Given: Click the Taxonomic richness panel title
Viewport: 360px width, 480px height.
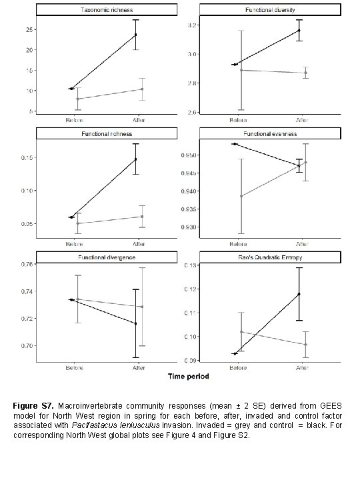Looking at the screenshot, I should click(106, 10).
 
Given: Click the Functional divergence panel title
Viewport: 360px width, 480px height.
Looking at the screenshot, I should click(106, 257).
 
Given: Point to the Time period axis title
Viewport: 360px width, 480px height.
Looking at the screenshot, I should click(188, 377).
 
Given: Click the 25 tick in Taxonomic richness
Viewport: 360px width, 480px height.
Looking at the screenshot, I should click(29, 29).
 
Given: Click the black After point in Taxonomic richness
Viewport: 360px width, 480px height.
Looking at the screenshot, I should click(136, 35).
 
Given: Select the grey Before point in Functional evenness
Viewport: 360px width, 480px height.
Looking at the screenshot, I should click(241, 196).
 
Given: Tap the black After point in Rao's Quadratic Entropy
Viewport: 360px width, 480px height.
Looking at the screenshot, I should click(299, 294).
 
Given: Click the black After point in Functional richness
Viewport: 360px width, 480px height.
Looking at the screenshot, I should click(136, 159).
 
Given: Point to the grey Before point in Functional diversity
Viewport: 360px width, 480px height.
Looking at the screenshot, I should click(241, 70).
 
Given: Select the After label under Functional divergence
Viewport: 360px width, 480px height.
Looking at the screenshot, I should click(139, 367).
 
